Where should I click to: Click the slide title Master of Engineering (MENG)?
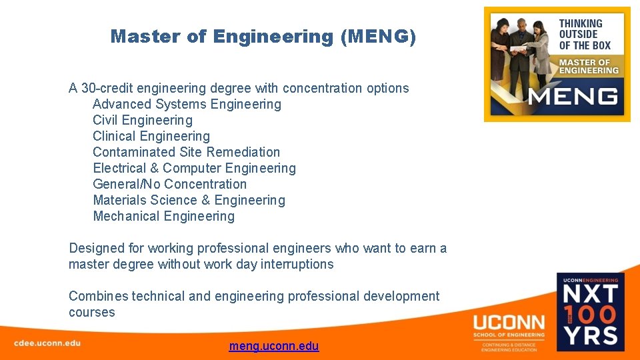263,37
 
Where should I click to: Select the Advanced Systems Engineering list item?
187,104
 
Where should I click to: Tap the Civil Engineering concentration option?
143,120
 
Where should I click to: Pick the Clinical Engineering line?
151,136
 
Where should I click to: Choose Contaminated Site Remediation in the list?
187,152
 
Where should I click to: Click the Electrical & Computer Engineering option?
194,168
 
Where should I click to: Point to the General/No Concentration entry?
169,184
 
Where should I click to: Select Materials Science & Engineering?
189,200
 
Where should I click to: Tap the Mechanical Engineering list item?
163,216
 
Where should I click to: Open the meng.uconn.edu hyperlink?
274,346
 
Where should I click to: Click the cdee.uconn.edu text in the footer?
47,343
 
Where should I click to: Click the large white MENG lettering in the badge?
573,96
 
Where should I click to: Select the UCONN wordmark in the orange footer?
509,322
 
